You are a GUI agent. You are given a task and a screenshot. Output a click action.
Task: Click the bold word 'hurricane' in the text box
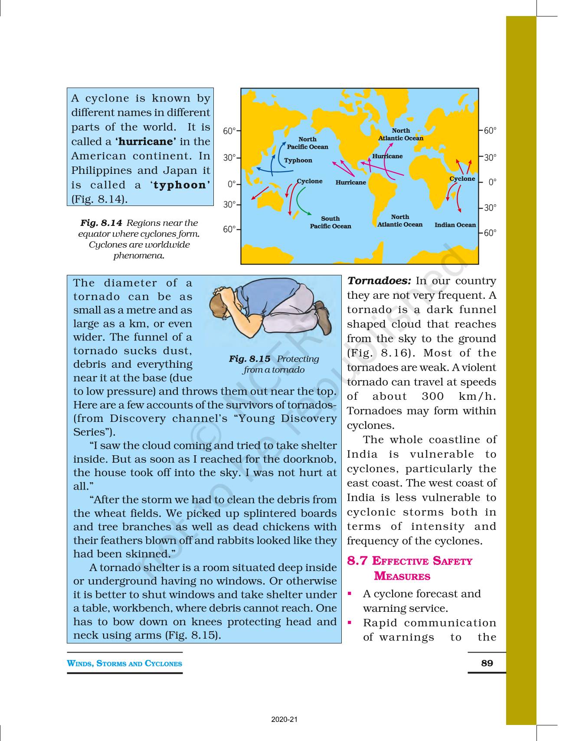tap(145, 142)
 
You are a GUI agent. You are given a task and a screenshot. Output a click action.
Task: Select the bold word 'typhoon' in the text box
tap(179, 185)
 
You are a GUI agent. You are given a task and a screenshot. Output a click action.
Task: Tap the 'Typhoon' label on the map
tap(298, 160)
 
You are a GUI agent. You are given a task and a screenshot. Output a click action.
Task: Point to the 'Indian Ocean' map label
tap(455, 225)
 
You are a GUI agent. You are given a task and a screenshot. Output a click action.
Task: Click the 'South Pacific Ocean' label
tap(330, 222)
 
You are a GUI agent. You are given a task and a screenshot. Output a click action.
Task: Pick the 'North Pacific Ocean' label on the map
tap(307, 143)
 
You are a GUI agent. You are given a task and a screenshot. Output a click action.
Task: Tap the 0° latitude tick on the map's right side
tap(492, 183)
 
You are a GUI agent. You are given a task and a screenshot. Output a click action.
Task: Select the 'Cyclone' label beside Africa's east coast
tap(462, 179)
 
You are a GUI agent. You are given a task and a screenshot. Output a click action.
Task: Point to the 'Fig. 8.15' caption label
tap(249, 359)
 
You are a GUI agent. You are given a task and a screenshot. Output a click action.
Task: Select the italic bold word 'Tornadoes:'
tap(379, 281)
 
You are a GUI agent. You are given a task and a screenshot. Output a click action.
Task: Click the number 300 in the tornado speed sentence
tap(433, 397)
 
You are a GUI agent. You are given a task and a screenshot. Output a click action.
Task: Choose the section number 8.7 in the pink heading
tap(357, 561)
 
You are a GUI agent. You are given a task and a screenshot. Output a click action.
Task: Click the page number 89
tap(487, 663)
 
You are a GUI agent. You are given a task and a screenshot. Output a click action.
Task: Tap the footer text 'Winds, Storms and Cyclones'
tap(124, 663)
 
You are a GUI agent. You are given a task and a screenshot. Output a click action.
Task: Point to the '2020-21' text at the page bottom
tap(284, 719)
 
